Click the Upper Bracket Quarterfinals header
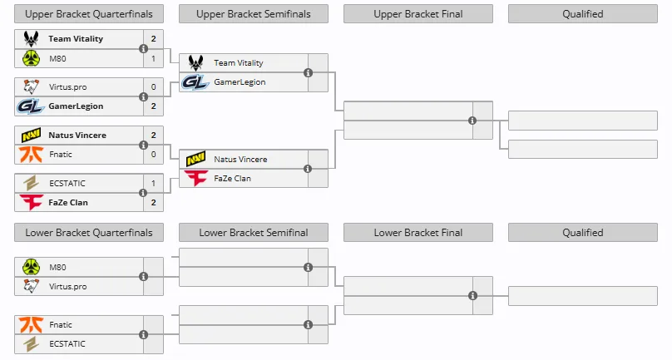coord(89,13)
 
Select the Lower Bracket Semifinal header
coord(254,232)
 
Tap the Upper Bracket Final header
coord(418,13)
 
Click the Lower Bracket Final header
coord(418,232)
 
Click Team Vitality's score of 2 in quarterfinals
coord(153,38)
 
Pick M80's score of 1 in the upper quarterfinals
coord(153,58)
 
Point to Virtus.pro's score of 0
coord(153,86)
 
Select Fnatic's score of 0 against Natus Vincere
coord(153,155)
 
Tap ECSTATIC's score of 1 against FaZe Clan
coord(153,183)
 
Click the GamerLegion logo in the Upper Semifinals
coord(195,82)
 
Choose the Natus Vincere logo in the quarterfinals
coord(32,135)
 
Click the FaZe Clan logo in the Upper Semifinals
coord(195,178)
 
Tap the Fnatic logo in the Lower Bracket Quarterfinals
coord(32,324)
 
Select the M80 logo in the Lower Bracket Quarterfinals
coord(32,267)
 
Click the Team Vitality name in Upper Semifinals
coord(239,63)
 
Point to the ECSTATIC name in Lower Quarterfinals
coord(67,343)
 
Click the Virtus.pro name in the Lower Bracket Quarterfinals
coord(67,286)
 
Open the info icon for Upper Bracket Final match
coord(472,121)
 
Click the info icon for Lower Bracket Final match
coord(472,295)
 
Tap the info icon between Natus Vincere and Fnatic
coord(144,145)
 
